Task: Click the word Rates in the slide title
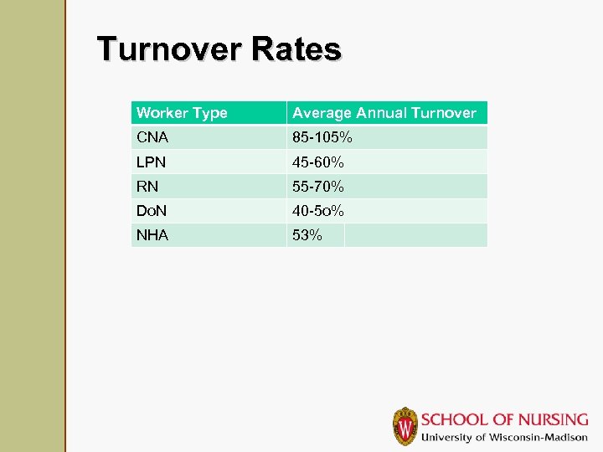[x=296, y=49]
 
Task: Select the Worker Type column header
[x=182, y=113]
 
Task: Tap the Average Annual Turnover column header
[x=384, y=113]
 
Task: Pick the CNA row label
[x=152, y=136]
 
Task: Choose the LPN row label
[x=152, y=162]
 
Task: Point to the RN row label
[x=147, y=186]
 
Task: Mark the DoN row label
[x=152, y=211]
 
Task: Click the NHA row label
[x=152, y=235]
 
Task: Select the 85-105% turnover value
[x=322, y=136]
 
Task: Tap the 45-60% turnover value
[x=318, y=162]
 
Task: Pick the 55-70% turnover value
[x=318, y=186]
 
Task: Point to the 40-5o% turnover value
[x=318, y=211]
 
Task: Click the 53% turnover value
[x=307, y=235]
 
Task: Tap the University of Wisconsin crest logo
[x=405, y=426]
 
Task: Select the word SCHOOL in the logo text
[x=451, y=419]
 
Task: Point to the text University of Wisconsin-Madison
[x=504, y=438]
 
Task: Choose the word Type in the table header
[x=209, y=113]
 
